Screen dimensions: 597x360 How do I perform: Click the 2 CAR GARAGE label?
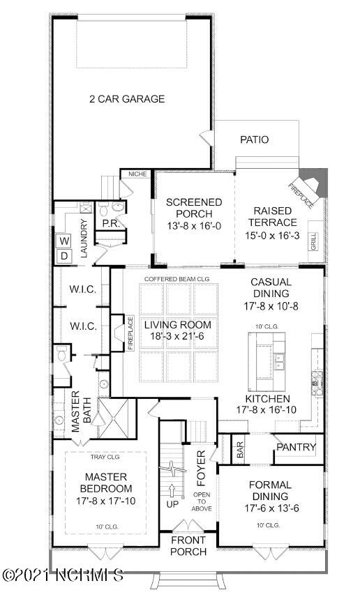127,99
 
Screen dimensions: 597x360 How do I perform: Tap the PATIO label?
254,139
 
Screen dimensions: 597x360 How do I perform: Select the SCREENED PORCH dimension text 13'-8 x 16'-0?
193,227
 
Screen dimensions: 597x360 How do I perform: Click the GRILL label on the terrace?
313,241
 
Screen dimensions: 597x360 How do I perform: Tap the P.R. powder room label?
110,224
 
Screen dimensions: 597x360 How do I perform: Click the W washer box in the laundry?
63,241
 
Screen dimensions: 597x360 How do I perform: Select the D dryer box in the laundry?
63,256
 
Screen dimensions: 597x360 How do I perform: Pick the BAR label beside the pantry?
240,451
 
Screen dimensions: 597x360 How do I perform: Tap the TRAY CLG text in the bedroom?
105,458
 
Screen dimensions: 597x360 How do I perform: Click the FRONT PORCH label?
188,546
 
